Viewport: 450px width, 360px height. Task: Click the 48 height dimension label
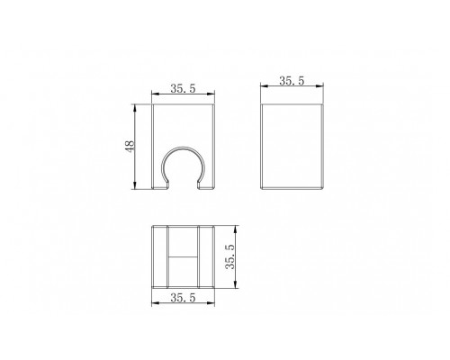click(130, 147)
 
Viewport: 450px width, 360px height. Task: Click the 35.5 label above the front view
click(183, 88)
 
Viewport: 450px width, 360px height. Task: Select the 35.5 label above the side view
click(292, 81)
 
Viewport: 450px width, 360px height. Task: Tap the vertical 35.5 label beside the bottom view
click(231, 256)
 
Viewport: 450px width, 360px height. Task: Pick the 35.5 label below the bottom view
click(183, 298)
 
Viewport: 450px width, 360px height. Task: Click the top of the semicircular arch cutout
click(184, 148)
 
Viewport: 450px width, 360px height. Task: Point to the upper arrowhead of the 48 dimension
click(134, 107)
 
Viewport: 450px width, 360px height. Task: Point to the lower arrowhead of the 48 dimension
click(134, 185)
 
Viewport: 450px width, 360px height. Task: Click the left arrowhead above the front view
click(155, 94)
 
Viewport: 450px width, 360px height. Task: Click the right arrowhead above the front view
click(211, 94)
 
